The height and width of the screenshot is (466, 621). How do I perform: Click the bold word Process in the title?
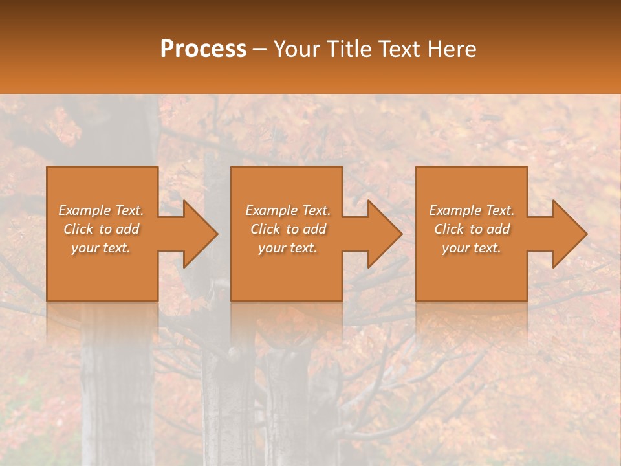pos(203,49)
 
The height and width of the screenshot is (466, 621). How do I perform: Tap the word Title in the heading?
pos(350,49)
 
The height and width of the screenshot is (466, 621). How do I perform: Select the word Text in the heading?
pos(399,49)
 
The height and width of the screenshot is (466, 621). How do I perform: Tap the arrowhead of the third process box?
pos(569,234)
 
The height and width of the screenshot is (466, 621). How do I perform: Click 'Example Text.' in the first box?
pos(101,210)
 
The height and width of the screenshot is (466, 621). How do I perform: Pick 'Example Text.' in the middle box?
pos(288,210)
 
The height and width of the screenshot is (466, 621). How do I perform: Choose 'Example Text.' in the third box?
pos(472,210)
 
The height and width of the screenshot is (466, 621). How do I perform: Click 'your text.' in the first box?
pos(101,248)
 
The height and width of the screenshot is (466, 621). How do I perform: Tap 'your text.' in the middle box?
pos(288,248)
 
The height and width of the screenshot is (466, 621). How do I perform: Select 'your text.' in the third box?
pos(472,248)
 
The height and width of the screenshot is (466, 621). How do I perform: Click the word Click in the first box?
pos(79,229)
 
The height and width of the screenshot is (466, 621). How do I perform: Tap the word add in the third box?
pos(497,229)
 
